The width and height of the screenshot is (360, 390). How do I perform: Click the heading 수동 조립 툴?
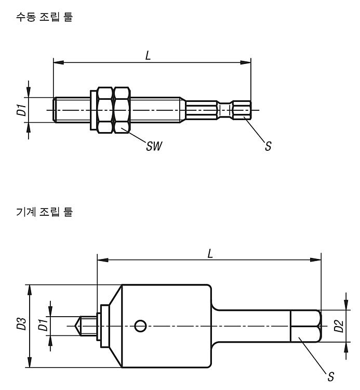[44, 17]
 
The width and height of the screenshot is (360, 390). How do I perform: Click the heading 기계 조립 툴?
[44, 212]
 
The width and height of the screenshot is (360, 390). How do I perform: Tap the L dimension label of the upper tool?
[148, 55]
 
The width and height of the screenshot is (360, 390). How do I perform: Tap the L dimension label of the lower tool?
[210, 254]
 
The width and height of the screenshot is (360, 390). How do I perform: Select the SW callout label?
[154, 146]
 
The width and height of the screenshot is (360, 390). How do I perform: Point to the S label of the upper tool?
[268, 146]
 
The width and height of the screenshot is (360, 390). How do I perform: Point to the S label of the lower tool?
[331, 376]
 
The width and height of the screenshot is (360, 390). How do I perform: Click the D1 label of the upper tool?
[21, 110]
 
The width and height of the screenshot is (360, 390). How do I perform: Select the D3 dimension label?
[21, 323]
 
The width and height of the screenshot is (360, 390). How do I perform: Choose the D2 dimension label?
[338, 326]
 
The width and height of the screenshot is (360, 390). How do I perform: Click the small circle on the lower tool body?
[140, 326]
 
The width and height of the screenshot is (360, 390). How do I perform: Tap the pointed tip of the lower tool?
[75, 326]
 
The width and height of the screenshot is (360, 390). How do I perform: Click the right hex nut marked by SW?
[122, 110]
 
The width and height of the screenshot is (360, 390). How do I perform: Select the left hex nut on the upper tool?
[105, 110]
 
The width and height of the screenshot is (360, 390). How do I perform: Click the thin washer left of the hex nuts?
[93, 110]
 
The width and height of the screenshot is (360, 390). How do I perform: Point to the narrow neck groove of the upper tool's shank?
[225, 110]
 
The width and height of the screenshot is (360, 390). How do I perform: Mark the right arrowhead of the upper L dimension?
[246, 62]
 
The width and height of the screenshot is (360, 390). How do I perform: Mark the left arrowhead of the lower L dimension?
[103, 260]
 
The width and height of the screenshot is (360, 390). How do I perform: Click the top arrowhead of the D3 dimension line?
[30, 290]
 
